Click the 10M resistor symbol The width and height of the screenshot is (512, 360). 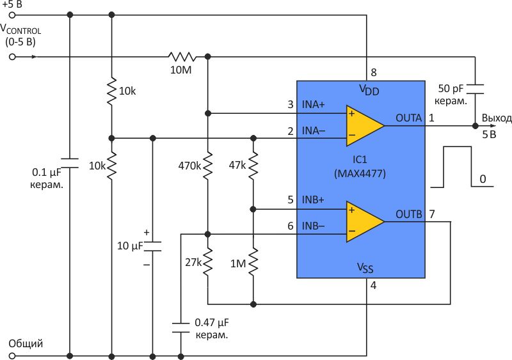coord(181,57)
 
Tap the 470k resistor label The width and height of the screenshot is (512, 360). coord(189,166)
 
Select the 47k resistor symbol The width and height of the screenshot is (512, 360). coord(254,166)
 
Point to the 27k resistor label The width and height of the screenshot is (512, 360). coord(194,262)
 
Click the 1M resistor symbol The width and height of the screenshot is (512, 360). coord(254,262)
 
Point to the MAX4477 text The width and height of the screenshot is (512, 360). coord(360,172)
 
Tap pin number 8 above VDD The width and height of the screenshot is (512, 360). coord(373,72)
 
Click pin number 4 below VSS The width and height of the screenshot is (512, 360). coord(373,286)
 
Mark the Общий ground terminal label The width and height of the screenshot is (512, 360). coord(26,344)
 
